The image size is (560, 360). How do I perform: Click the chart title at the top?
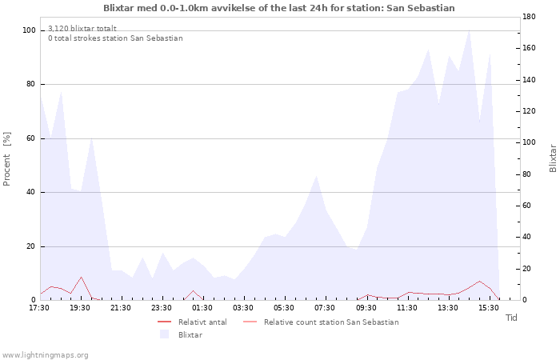coord(279,8)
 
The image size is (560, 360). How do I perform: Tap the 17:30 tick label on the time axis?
coord(39,308)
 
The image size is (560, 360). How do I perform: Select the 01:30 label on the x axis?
coord(202,308)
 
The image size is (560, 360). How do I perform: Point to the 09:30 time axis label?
coord(366,308)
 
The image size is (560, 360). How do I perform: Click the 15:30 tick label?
coord(489,308)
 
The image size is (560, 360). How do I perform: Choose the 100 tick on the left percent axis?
coord(29,30)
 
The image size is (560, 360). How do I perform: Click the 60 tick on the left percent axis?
coord(30,138)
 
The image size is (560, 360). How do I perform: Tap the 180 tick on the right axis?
coord(529,17)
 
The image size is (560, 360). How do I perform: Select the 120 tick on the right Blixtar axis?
coord(529,111)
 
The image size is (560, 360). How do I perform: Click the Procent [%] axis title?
coord(6,159)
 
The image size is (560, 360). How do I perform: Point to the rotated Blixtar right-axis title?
coord(553,158)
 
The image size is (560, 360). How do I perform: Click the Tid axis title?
coord(511,318)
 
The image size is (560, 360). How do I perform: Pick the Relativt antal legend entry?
coord(192,322)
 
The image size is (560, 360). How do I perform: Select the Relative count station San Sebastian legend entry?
coord(321,322)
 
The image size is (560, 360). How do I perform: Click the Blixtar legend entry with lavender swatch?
coord(182,335)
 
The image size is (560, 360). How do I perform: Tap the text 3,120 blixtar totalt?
coord(82,29)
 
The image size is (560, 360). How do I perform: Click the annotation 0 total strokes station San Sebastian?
coord(115,38)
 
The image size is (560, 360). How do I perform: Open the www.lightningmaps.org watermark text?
coord(44,355)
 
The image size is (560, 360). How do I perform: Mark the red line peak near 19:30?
coord(82,277)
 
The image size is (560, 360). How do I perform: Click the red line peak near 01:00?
coord(194,290)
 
